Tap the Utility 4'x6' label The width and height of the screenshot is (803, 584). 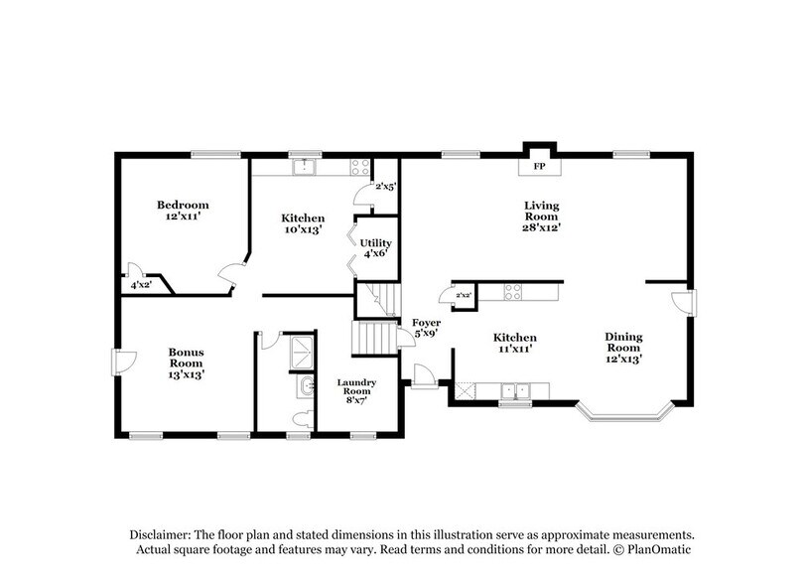(374, 248)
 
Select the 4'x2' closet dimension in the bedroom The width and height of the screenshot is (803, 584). (141, 285)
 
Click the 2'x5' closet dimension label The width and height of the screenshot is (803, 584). (385, 187)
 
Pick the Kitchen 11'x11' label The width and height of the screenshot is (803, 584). (515, 344)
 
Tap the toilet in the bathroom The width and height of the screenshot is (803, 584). (303, 417)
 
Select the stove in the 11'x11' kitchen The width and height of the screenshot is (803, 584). (514, 292)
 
